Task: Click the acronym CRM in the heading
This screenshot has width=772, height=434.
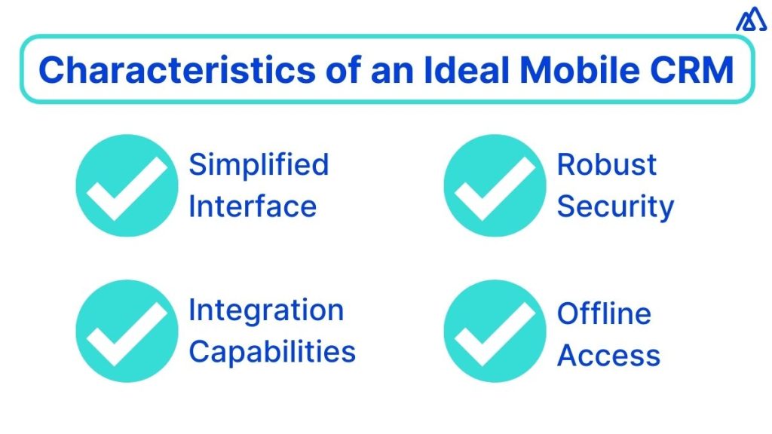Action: (x=694, y=70)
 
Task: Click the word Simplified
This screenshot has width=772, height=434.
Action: (x=259, y=165)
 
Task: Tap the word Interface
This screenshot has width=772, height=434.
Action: (x=253, y=206)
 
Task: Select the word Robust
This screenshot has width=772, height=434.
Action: (x=607, y=165)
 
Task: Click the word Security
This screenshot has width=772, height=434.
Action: (x=615, y=206)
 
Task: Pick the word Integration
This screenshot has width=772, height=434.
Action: (x=266, y=310)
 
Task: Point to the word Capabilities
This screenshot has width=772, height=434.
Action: (x=272, y=351)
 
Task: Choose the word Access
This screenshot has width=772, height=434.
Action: (x=608, y=355)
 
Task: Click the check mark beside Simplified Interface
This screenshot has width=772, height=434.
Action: (x=127, y=185)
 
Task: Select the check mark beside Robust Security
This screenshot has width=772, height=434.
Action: (x=495, y=185)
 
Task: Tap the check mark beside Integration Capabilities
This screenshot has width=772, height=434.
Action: (x=127, y=331)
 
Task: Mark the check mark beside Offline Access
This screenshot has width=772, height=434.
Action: (x=495, y=331)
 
